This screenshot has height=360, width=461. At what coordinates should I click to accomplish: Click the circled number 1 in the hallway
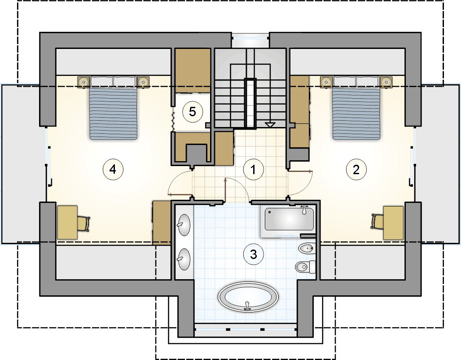click(x=254, y=169)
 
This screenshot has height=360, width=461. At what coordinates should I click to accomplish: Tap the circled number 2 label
click(x=356, y=169)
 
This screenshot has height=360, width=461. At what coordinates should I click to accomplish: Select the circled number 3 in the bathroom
click(x=254, y=254)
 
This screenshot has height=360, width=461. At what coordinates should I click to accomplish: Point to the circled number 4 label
click(x=113, y=169)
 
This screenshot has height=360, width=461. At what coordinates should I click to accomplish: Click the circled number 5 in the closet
click(x=192, y=112)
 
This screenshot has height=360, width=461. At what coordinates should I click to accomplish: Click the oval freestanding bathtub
click(x=248, y=297)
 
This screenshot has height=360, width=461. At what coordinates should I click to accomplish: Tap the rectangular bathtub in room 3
click(x=289, y=219)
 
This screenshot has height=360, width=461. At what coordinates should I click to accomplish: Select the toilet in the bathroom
click(x=306, y=267)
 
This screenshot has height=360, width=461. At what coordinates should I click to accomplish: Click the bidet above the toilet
click(x=307, y=249)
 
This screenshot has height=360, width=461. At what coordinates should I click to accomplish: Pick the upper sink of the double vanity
click(x=184, y=225)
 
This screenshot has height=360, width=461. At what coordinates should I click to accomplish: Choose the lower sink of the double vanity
click(x=184, y=259)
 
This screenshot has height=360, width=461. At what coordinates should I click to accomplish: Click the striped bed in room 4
click(x=114, y=108)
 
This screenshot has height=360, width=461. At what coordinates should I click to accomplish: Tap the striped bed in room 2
click(x=356, y=108)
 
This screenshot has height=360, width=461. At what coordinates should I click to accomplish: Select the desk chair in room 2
click(x=377, y=221)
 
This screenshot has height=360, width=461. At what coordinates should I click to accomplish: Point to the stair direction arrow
click(x=270, y=125)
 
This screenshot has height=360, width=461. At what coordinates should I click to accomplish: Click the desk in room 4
click(x=67, y=222)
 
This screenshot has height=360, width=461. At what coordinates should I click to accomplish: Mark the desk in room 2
click(x=393, y=223)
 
